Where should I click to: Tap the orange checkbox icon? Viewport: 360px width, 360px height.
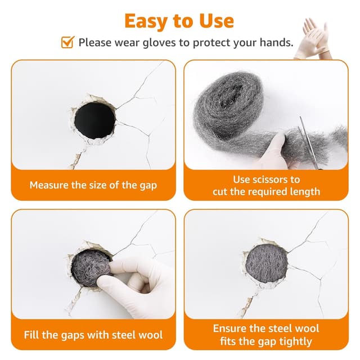[67, 42]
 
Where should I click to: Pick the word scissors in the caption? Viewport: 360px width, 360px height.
[280, 179]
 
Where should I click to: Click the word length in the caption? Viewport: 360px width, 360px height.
[304, 192]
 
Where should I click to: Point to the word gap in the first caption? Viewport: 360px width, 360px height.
[147, 185]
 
